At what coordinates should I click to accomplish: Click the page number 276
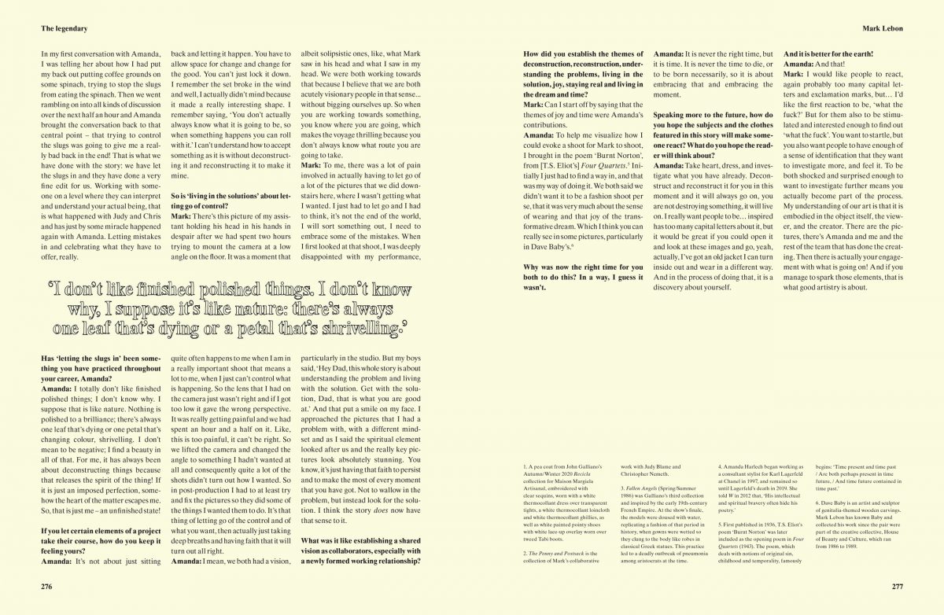tap(50, 586)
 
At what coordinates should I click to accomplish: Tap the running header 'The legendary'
tap(64, 28)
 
